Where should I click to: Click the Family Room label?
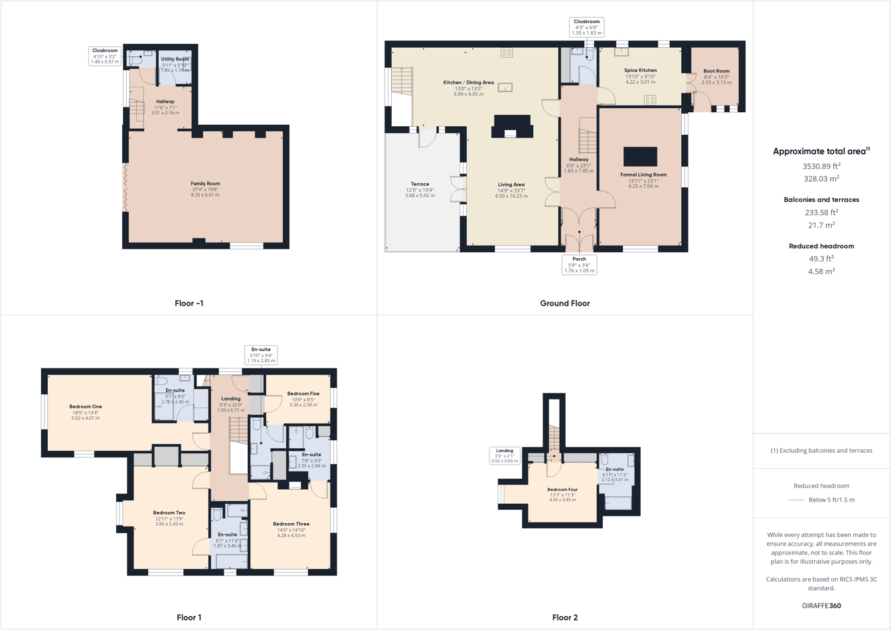(205, 184)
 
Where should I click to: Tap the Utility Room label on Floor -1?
(175, 59)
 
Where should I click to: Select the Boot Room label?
(716, 71)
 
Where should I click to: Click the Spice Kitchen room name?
(640, 70)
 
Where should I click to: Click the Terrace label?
(420, 184)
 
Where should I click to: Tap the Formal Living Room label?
(643, 175)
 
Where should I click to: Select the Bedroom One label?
(86, 406)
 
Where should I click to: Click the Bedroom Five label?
(303, 394)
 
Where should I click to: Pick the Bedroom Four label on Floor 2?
(563, 489)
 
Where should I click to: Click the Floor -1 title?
(189, 303)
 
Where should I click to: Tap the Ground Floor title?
(564, 303)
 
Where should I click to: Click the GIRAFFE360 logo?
(821, 605)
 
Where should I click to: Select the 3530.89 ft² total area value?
(821, 166)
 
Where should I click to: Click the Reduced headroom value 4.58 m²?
(821, 271)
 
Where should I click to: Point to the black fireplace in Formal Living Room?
(640, 157)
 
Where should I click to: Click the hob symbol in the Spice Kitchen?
(650, 100)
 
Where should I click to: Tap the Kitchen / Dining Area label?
(468, 82)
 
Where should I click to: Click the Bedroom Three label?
(291, 524)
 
